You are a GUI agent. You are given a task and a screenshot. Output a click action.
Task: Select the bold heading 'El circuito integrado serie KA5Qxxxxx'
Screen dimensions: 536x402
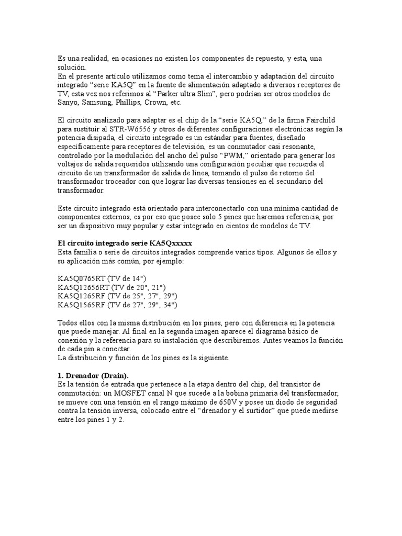click(x=125, y=243)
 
